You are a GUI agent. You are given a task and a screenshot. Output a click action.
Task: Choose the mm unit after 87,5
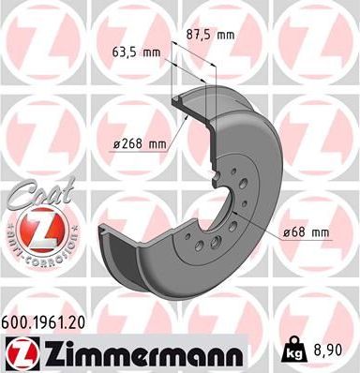point(225,34)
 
